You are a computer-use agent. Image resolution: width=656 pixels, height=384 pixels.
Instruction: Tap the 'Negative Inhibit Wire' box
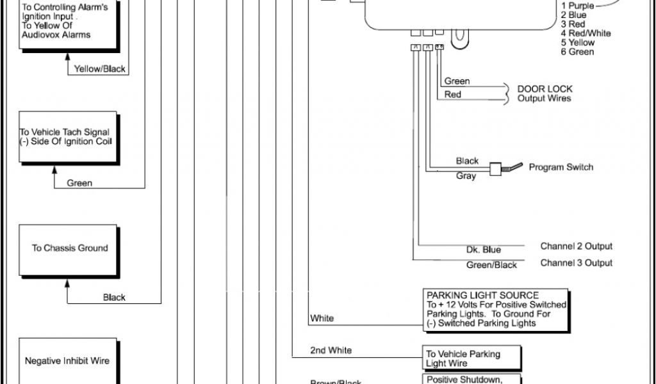tap(67, 361)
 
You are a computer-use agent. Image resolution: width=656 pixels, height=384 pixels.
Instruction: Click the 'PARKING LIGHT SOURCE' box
tap(496, 309)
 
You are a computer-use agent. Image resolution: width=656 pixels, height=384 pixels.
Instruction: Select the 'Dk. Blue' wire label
tap(484, 250)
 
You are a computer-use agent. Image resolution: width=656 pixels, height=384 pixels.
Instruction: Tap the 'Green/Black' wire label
tap(491, 265)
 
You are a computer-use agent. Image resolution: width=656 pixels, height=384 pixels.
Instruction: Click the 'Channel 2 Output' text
tap(576, 246)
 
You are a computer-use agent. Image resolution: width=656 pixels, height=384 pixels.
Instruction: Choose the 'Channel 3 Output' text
tap(576, 262)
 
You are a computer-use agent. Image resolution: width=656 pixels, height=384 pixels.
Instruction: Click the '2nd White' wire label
tap(331, 350)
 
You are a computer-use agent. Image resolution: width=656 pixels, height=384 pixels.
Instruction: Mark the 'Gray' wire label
tap(466, 175)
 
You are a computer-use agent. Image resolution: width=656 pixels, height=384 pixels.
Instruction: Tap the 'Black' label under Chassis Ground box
tap(114, 297)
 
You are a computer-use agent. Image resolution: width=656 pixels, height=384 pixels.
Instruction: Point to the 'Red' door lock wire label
tap(453, 95)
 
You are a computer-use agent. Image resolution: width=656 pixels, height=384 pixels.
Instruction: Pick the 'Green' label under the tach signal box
tap(79, 183)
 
